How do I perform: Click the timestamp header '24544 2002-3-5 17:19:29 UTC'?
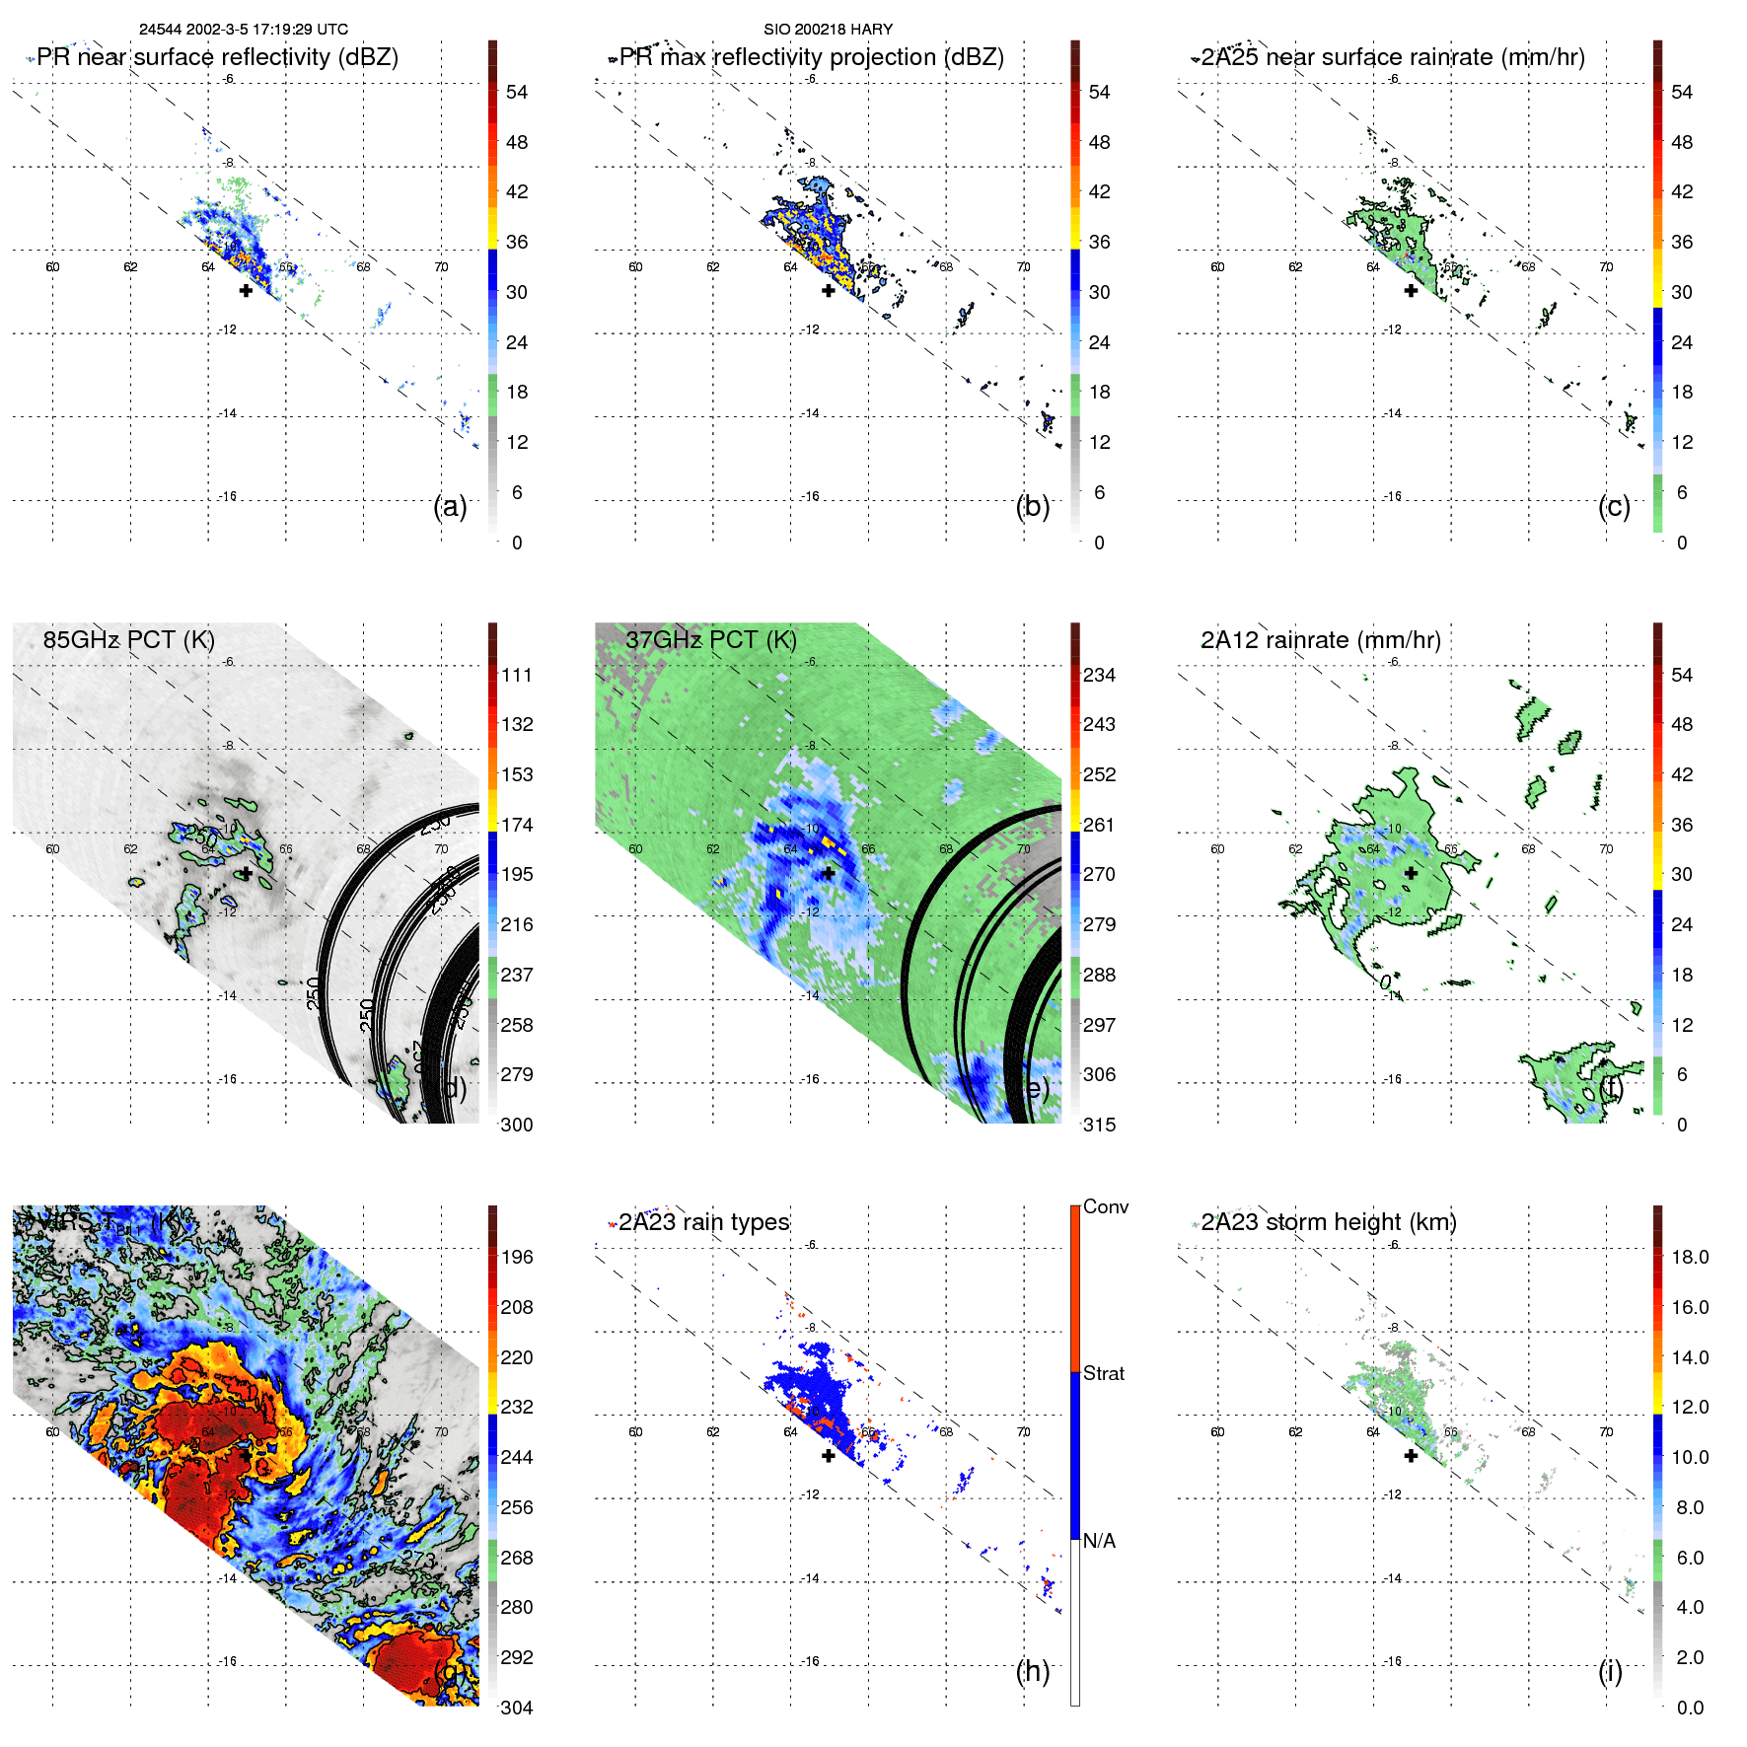click(x=243, y=30)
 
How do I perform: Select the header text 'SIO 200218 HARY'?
click(x=828, y=30)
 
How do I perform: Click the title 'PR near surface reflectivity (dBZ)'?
click(x=217, y=57)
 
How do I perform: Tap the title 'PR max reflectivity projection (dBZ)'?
click(x=811, y=57)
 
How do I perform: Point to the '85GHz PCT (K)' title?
click(x=128, y=640)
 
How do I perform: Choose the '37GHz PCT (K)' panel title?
click(x=710, y=640)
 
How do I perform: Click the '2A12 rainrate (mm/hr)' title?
click(x=1320, y=640)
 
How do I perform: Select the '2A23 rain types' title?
click(x=703, y=1222)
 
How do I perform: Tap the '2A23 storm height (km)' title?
click(x=1328, y=1222)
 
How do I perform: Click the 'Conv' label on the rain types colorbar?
click(x=1105, y=1206)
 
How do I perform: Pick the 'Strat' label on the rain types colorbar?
click(x=1103, y=1373)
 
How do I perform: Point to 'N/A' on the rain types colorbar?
click(x=1100, y=1541)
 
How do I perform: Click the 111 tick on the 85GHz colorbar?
click(x=517, y=675)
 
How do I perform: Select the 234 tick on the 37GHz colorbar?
click(x=1099, y=675)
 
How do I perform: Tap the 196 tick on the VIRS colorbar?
click(x=517, y=1257)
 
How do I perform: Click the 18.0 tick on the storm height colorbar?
click(x=1689, y=1257)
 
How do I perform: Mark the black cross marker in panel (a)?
click(x=246, y=290)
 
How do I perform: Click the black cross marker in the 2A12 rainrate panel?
click(x=1411, y=873)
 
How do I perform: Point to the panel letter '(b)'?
click(x=1032, y=506)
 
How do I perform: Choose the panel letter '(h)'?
click(x=1032, y=1671)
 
